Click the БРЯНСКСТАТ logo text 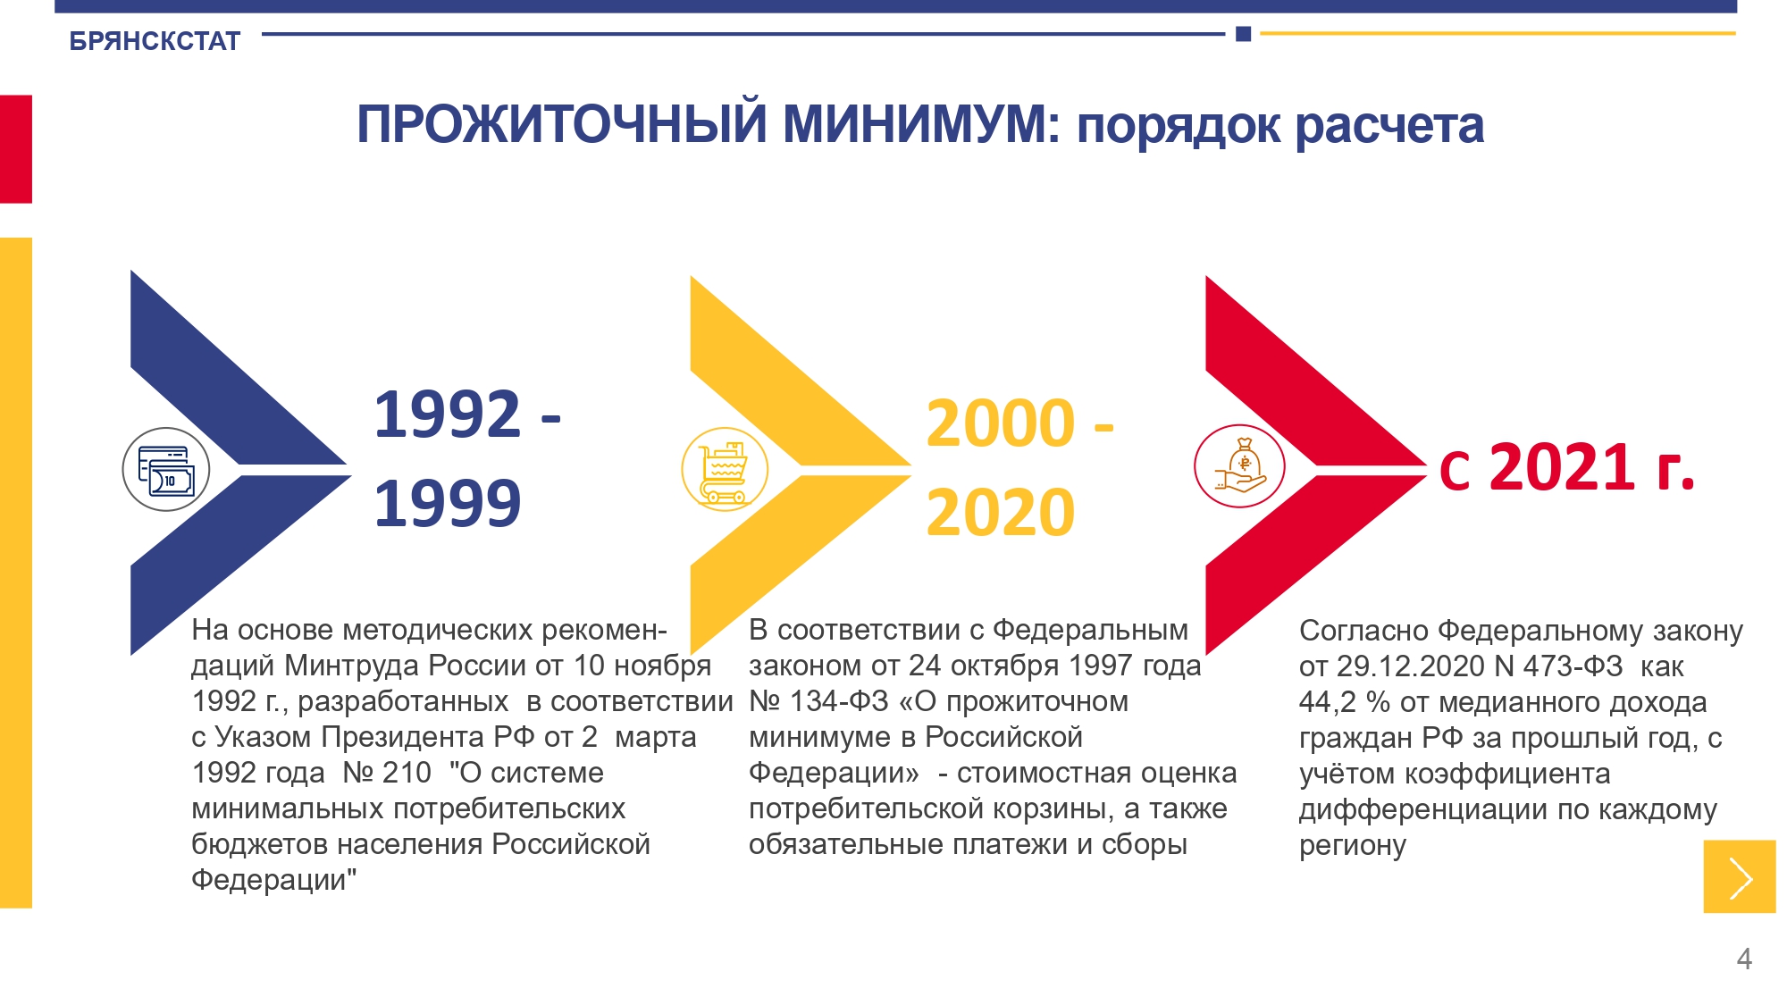pos(155,41)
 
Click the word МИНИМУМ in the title pos(921,124)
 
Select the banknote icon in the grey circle pos(166,469)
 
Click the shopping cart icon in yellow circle pos(725,469)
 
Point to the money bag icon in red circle pos(1239,466)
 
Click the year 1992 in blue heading pos(448,415)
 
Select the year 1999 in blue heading pos(448,503)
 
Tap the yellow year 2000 pos(1001,423)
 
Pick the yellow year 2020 pos(1001,513)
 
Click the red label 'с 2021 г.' pos(1567,466)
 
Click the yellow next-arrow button pos(1740,876)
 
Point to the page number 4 pos(1744,959)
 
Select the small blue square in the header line pos(1243,34)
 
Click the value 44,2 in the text pos(1328,702)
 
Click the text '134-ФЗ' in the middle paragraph pos(839,701)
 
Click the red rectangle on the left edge pos(16,149)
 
